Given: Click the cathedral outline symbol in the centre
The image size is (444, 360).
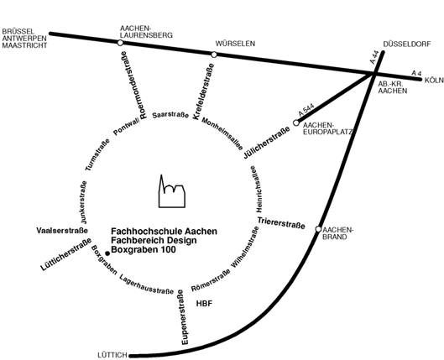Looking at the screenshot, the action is (x=159, y=198).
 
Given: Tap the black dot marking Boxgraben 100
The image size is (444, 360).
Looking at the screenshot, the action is (x=107, y=253).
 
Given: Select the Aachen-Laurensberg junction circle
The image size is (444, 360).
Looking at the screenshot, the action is (x=120, y=43).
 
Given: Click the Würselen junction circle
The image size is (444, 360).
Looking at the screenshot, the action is (x=214, y=55).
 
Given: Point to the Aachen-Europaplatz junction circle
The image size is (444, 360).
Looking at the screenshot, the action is (x=296, y=123).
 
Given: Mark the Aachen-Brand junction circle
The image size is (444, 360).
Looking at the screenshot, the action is (x=318, y=229).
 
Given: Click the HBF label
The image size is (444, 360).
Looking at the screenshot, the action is (x=204, y=304).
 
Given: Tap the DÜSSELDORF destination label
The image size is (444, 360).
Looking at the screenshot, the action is (x=407, y=44).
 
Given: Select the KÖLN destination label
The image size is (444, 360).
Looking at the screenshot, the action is (x=434, y=80).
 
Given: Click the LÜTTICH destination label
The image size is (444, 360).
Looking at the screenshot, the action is (x=112, y=355).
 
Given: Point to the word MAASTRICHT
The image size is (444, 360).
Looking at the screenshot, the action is (x=24, y=45).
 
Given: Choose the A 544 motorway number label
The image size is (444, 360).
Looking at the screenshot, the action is (x=306, y=110).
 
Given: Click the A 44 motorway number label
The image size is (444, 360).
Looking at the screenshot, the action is (x=374, y=57).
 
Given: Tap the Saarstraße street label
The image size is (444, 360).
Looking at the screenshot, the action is (x=170, y=115).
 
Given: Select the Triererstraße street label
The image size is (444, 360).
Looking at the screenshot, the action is (x=281, y=222).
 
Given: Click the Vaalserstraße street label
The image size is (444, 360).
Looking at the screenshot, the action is (x=62, y=231).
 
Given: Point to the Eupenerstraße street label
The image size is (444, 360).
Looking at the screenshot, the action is (x=184, y=317).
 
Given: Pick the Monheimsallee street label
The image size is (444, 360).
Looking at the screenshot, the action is (x=222, y=134).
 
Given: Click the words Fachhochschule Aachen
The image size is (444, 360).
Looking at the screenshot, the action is (x=164, y=232).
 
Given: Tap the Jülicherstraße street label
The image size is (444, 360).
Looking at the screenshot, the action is (x=267, y=142).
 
